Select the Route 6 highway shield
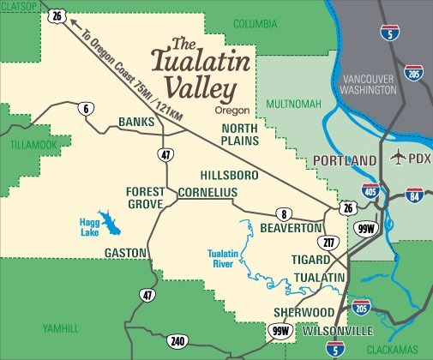(x=86, y=108)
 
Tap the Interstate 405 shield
(x=370, y=190)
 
